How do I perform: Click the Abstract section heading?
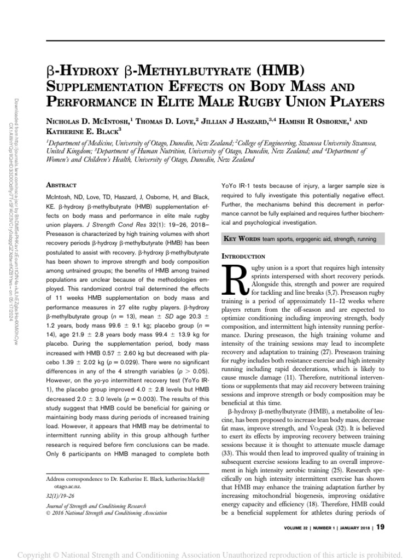[61, 185]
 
